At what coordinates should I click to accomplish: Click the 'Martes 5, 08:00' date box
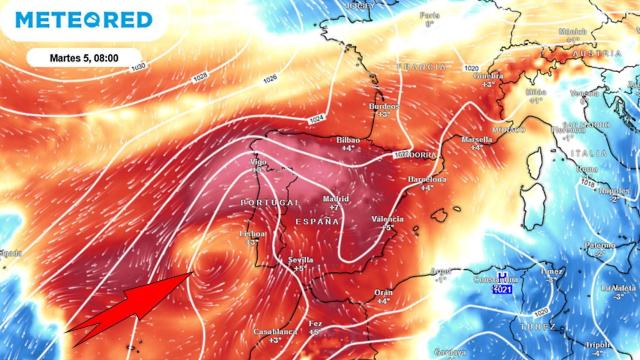pyautogui.click(x=85, y=56)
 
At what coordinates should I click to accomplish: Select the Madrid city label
pyautogui.click(x=335, y=200)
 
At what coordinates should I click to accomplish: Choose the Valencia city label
pyautogui.click(x=386, y=219)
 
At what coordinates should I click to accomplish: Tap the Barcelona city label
pyautogui.click(x=420, y=178)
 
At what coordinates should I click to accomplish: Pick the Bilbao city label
pyautogui.click(x=348, y=140)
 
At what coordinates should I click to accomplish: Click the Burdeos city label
pyautogui.click(x=383, y=106)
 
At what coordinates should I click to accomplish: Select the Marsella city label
pyautogui.click(x=476, y=140)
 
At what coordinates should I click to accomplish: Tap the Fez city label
pyautogui.click(x=314, y=324)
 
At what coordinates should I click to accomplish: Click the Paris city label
pyautogui.click(x=430, y=16)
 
